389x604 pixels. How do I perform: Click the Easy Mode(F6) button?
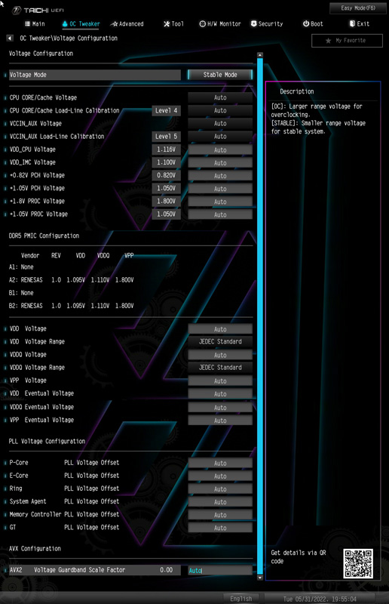click(358, 8)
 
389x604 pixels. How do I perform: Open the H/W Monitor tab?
click(219, 24)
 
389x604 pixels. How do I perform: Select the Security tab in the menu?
click(267, 24)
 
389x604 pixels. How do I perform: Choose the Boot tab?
click(312, 24)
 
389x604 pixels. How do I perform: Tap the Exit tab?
click(359, 24)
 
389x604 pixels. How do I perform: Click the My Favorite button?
click(347, 41)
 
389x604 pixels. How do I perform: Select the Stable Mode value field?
click(220, 75)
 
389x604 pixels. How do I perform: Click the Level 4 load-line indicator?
click(166, 110)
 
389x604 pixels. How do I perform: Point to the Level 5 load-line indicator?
click(166, 137)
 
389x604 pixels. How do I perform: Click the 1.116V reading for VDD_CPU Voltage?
click(166, 149)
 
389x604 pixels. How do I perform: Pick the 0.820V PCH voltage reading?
click(166, 175)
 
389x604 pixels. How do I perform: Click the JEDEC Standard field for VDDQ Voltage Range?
click(220, 368)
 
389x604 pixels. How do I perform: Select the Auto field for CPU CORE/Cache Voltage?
click(220, 98)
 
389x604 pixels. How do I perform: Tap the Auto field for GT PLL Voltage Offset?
click(220, 528)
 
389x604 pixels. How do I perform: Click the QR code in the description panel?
click(358, 563)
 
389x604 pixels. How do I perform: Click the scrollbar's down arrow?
click(260, 578)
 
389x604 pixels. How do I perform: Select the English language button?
click(241, 599)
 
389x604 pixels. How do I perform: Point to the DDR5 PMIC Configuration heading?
click(44, 236)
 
